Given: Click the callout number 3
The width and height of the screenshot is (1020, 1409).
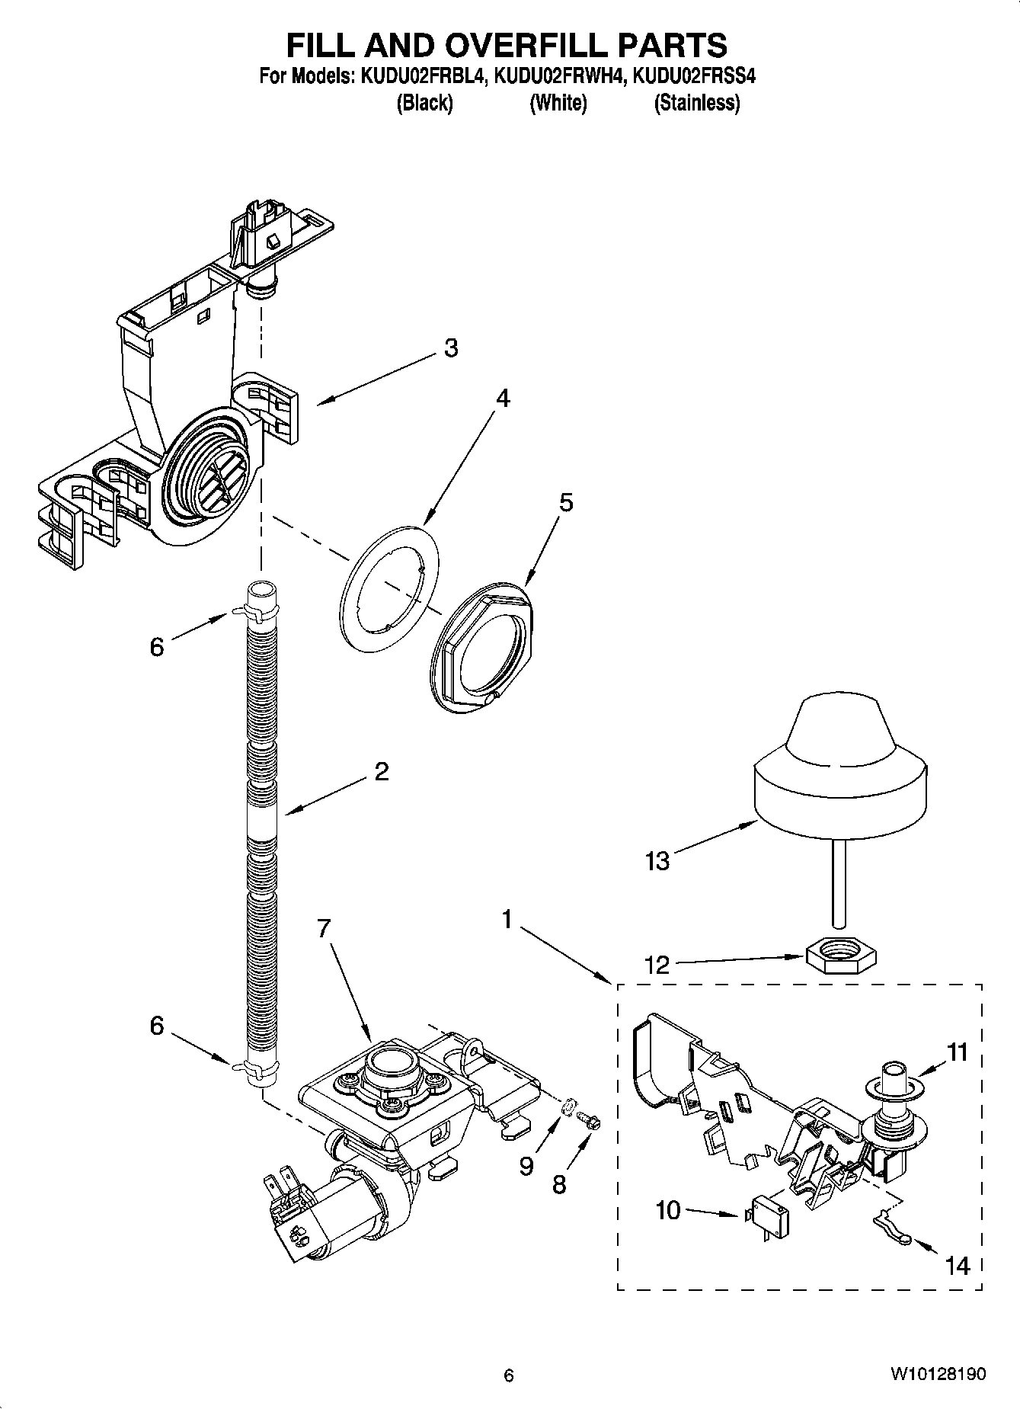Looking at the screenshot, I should (x=451, y=348).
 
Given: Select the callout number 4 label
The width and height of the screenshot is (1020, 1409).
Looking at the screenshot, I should (x=502, y=399).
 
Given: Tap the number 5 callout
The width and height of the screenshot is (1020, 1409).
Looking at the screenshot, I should (x=565, y=503).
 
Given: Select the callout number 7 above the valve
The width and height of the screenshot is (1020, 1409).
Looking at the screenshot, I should (x=324, y=928).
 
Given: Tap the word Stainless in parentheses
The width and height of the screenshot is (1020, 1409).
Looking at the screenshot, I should (x=696, y=103).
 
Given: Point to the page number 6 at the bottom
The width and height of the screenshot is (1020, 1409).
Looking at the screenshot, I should (x=509, y=1375).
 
